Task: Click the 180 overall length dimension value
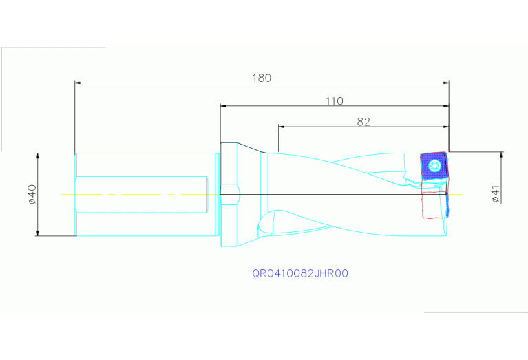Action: point(262,78)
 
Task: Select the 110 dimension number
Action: point(335,100)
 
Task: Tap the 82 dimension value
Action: point(363,122)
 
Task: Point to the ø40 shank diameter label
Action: point(32,194)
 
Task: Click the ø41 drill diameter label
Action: point(496,193)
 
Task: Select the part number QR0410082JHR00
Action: point(300,273)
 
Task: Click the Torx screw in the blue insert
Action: point(434,165)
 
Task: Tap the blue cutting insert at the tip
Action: point(434,167)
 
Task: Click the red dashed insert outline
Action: point(434,204)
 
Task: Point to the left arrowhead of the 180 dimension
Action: point(78,83)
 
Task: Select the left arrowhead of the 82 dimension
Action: point(282,127)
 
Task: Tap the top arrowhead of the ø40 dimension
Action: point(37,156)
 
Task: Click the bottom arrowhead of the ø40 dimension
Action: point(37,233)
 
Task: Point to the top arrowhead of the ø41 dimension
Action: point(501,155)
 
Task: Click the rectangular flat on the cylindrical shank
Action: point(141,194)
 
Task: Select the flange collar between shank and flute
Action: point(229,194)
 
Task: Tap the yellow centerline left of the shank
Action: point(68,194)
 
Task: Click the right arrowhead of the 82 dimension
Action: point(446,127)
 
